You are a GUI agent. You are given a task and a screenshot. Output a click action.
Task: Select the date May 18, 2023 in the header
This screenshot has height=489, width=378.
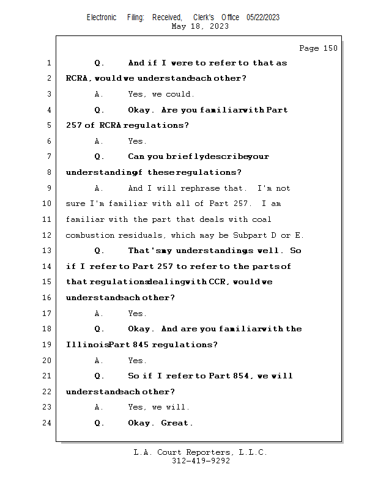pos(201,26)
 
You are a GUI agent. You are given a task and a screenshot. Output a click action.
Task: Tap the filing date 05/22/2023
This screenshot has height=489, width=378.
pos(263,17)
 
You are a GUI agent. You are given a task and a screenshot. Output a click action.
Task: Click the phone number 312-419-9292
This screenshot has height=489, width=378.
pos(201,461)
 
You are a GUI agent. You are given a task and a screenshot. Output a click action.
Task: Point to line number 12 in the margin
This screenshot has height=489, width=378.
pos(48,235)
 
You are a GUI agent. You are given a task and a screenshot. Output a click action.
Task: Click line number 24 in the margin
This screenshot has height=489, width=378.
pos(48,423)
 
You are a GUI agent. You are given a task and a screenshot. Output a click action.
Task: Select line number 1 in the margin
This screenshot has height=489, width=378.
pos(49,63)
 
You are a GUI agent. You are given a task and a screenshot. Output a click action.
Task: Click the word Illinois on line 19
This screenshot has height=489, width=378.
pos(87,345)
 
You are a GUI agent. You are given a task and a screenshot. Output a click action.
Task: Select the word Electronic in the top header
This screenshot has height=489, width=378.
pos(102,17)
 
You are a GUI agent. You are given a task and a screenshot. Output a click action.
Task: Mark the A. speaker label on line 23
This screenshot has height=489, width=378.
pos(98,407)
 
